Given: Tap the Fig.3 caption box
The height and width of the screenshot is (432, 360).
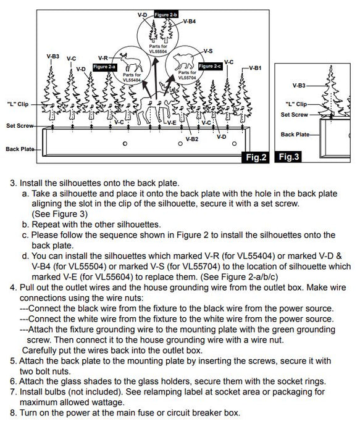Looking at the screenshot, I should (288, 157).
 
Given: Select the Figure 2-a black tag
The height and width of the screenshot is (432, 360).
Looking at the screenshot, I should (104, 66).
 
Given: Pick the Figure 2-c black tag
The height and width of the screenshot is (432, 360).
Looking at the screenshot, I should (209, 66).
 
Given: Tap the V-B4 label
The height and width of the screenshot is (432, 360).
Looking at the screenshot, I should (190, 21).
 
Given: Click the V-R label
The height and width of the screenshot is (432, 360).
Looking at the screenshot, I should (103, 57).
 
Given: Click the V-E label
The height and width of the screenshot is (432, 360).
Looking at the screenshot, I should (172, 123).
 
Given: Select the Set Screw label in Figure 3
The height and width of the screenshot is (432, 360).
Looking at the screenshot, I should (294, 115).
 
